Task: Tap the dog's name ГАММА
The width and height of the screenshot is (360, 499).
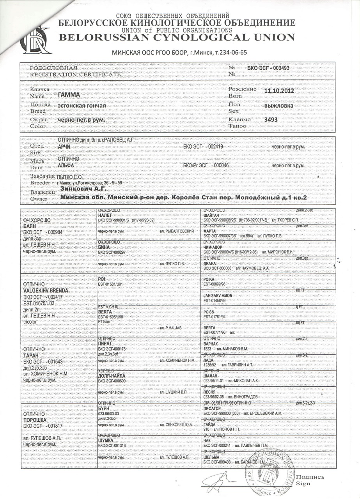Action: pyautogui.click(x=69, y=95)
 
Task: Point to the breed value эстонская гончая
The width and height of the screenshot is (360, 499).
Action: pyautogui.click(x=82, y=106)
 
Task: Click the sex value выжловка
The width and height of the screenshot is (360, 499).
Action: pyautogui.click(x=278, y=105)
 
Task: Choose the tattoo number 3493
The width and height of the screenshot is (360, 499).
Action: pyautogui.click(x=271, y=120)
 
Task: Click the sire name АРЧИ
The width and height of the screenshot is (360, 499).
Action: pyautogui.click(x=65, y=146)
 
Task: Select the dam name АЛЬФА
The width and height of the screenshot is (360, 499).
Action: pyautogui.click(x=66, y=165)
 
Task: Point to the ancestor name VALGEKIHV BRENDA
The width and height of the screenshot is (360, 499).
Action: pyautogui.click(x=46, y=290)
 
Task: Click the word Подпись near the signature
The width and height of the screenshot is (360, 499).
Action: pyautogui.click(x=310, y=477)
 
